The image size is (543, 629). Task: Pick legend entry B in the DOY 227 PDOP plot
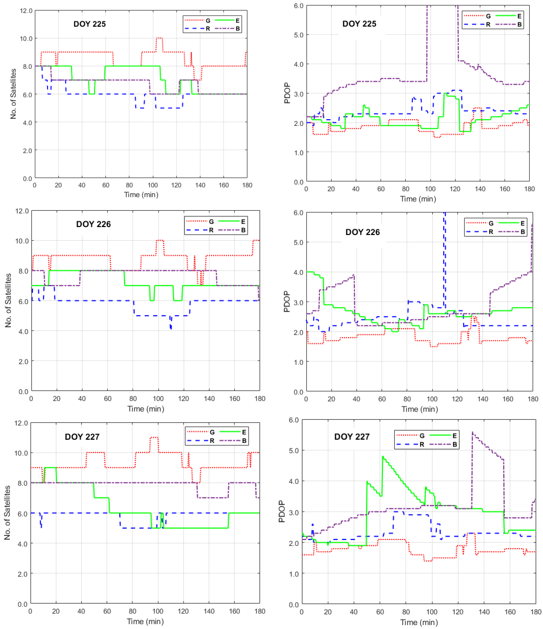click(455, 444)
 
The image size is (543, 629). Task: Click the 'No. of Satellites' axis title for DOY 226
click(8, 301)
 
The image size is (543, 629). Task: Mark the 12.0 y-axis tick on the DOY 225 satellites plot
click(26, 11)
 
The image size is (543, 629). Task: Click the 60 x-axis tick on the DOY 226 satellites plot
click(108, 399)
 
